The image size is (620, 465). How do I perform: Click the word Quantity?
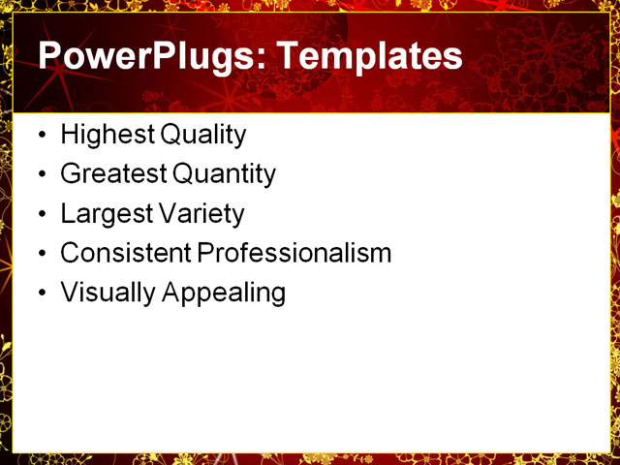[x=224, y=174]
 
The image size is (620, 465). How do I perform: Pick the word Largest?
[x=100, y=214]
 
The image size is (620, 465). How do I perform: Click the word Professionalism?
[x=294, y=254]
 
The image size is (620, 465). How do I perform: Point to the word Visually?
[x=101, y=293]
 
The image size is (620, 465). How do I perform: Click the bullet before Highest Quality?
[x=40, y=136]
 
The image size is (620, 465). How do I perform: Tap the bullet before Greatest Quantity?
[x=40, y=175]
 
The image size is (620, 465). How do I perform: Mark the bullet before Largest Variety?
[x=40, y=215]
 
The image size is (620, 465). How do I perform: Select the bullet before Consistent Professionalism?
[x=40, y=255]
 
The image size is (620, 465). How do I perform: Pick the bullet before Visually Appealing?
[x=40, y=294]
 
